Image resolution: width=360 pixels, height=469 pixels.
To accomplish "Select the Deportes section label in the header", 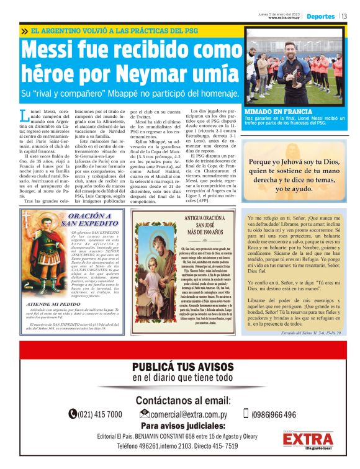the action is tap(320, 16).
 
